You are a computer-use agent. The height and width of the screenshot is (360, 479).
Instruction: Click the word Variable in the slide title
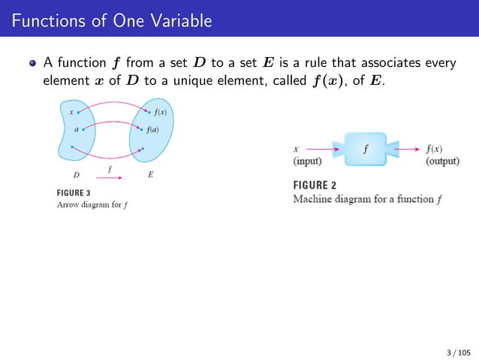(179, 20)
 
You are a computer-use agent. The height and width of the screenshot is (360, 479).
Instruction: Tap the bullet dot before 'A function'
(32, 63)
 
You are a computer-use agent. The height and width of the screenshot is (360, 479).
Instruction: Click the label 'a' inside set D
(76, 129)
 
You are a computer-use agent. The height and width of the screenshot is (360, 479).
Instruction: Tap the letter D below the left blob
(76, 174)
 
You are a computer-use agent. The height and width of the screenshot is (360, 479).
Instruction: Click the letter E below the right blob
(151, 174)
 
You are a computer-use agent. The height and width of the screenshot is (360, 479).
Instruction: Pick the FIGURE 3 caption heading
(74, 192)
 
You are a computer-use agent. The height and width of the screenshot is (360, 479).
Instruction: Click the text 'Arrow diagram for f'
(92, 204)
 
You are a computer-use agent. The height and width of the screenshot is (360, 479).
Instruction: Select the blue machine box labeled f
(365, 149)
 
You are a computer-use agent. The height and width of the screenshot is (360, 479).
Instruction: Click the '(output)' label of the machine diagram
(442, 161)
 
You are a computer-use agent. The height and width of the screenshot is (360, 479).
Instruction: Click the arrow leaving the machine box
(405, 149)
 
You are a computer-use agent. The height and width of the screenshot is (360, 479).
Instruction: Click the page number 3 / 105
(458, 351)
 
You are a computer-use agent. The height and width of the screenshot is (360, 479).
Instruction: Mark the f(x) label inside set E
(160, 113)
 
